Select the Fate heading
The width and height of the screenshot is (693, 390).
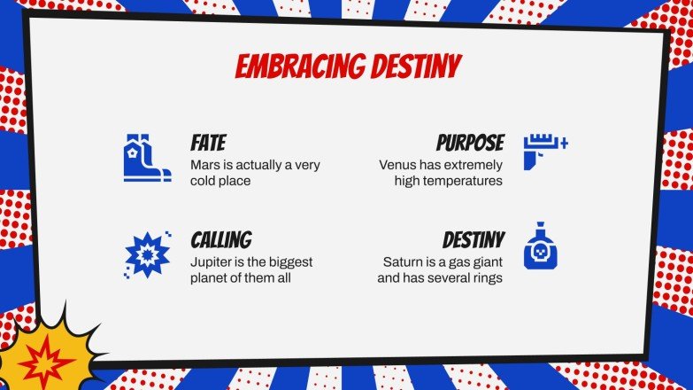coord(209,143)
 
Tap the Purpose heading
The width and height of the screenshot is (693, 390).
coord(470,143)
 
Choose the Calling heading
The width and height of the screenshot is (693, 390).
coord(221,239)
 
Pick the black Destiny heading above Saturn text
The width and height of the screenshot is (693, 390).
coord(474,239)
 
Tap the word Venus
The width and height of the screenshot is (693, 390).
coord(397,165)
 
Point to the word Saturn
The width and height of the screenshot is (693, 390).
coord(404,262)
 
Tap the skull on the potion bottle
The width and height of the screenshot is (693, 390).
coord(541,255)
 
